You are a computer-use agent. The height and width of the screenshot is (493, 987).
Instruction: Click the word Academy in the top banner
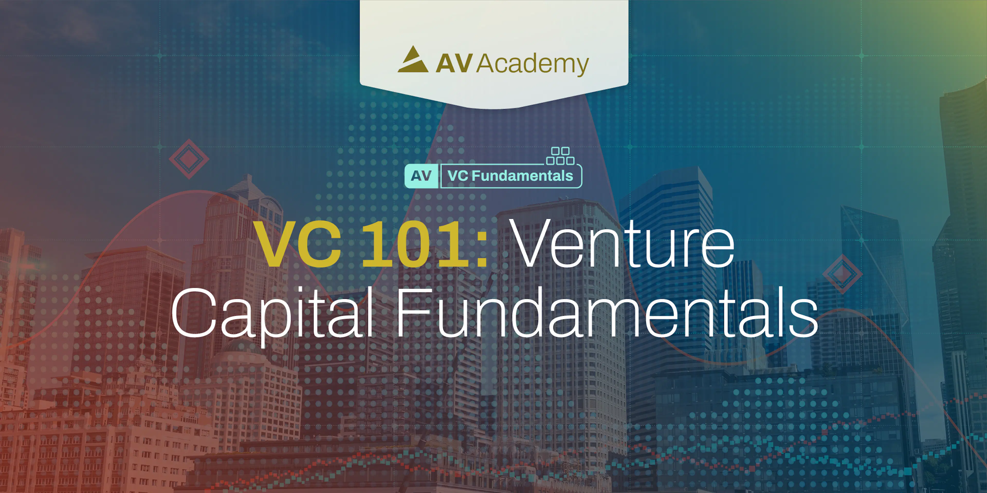(x=533, y=64)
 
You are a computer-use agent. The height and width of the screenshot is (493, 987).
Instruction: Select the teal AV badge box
(x=421, y=176)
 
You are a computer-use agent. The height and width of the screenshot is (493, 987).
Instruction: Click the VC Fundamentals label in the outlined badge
(x=510, y=176)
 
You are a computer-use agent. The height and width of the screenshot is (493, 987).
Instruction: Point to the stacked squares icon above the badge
(x=560, y=156)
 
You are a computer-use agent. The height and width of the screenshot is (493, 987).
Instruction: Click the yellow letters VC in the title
(x=298, y=245)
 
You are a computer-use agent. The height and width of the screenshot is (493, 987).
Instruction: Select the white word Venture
(x=623, y=244)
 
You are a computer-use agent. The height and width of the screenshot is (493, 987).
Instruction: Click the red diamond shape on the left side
(x=189, y=159)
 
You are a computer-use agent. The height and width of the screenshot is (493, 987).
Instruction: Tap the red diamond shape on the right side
(x=842, y=274)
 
